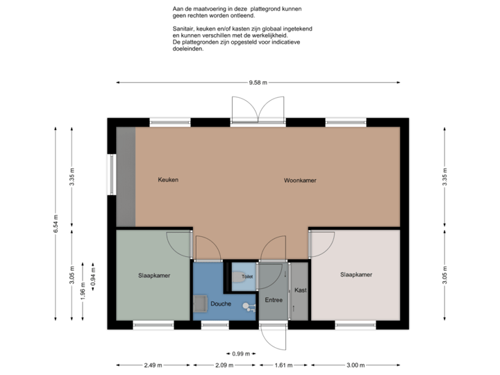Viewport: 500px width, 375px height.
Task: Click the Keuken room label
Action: pyautogui.click(x=168, y=180)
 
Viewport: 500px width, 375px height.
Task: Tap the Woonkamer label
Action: pyautogui.click(x=300, y=180)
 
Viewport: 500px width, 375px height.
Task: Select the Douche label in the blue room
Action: pyautogui.click(x=221, y=303)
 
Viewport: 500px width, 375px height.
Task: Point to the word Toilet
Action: pyautogui.click(x=247, y=276)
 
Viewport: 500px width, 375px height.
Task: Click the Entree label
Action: pyautogui.click(x=274, y=299)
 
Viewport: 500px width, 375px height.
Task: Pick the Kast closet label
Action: pyautogui.click(x=300, y=290)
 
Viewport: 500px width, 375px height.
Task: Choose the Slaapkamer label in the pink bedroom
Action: pyautogui.click(x=356, y=275)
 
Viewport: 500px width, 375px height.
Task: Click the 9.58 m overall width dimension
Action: pyautogui.click(x=258, y=83)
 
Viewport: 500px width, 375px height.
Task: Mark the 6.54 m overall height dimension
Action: pyautogui.click(x=56, y=223)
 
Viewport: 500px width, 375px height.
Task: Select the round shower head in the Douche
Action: pyautogui.click(x=245, y=306)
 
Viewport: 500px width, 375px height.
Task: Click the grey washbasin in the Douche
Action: pyautogui.click(x=201, y=303)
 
